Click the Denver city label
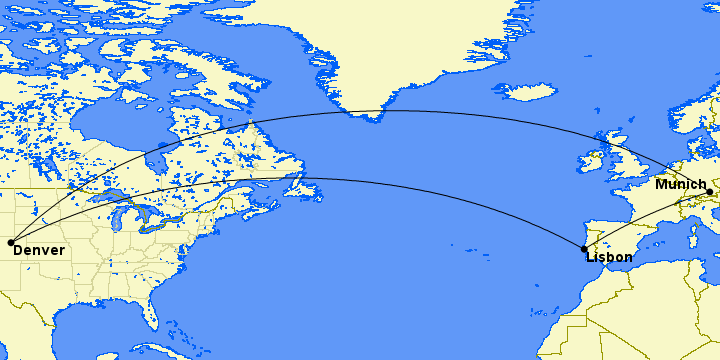(x=39, y=250)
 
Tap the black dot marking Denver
(x=10, y=241)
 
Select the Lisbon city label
(x=609, y=257)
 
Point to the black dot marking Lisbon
(x=584, y=249)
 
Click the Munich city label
(x=680, y=185)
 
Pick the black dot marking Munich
(x=709, y=192)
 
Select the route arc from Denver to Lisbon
(x=300, y=179)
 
